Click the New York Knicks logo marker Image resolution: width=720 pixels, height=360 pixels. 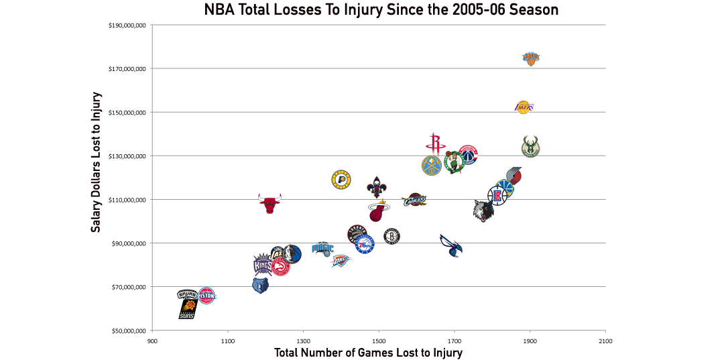[530, 60]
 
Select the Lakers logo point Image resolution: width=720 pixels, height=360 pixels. [524, 107]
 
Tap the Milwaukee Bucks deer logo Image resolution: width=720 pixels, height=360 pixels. [530, 146]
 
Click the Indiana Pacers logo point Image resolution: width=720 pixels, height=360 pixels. [342, 180]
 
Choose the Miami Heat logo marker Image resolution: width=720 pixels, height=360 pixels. [379, 211]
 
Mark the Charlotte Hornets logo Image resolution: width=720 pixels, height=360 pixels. [451, 246]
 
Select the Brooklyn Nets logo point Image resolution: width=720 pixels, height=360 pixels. [392, 236]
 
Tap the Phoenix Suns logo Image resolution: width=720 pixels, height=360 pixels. [188, 309]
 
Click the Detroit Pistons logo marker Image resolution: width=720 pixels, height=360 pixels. [207, 296]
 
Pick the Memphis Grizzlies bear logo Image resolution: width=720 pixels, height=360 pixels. [260, 286]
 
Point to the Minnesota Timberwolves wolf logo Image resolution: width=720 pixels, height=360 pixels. [483, 211]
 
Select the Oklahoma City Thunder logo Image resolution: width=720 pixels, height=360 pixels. [341, 259]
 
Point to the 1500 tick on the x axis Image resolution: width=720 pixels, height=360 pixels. [379, 339]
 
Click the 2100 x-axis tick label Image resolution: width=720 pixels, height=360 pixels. [605, 339]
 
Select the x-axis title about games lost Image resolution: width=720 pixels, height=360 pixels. [368, 352]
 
